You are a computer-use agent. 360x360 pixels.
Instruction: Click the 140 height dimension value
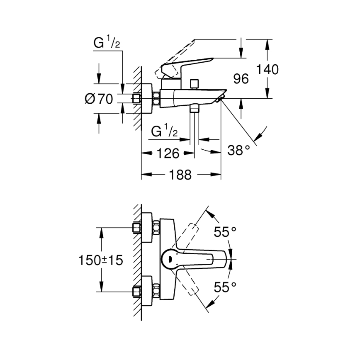tap(267, 69)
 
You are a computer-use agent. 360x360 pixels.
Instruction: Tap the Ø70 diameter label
tap(99, 99)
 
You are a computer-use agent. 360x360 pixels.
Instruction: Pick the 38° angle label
tap(239, 150)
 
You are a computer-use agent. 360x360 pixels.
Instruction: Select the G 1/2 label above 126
tap(165, 132)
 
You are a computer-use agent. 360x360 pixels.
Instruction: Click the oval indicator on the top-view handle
tap(168, 260)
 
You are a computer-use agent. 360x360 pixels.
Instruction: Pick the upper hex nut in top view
tap(157, 228)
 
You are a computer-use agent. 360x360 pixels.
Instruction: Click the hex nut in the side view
tap(157, 99)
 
